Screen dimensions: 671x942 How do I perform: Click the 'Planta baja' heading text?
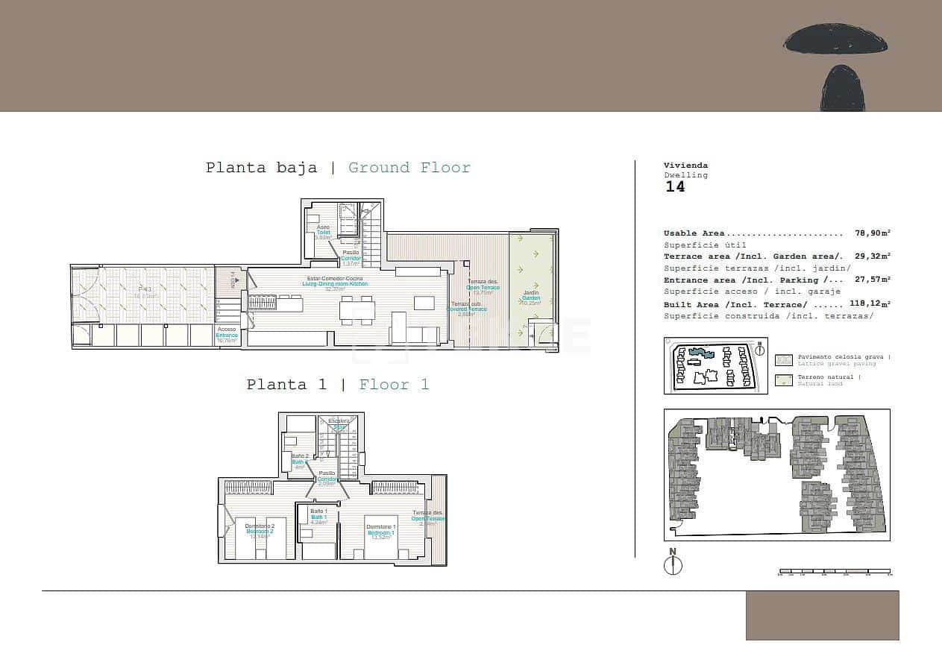[x=261, y=168]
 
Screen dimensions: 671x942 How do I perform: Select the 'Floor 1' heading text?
[x=394, y=385]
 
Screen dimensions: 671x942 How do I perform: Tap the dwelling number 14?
[x=675, y=187]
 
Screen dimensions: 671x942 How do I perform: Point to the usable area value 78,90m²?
[x=872, y=233]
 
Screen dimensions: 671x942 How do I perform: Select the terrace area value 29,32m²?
[x=872, y=256]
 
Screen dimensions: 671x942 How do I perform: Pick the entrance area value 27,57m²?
[x=872, y=280]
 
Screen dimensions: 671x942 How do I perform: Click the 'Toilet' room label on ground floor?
[x=323, y=233]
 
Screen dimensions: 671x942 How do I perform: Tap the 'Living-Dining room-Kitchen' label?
[x=335, y=284]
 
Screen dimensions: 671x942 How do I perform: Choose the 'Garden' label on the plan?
[x=531, y=298]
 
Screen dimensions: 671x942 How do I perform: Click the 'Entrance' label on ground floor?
[x=227, y=335]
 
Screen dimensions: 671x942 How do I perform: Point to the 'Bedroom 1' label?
[x=380, y=532]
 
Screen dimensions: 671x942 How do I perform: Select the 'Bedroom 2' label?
[x=260, y=532]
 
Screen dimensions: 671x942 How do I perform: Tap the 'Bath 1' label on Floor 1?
[x=318, y=517]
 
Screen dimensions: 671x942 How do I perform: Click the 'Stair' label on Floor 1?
[x=340, y=426]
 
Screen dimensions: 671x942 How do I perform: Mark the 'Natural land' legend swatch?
[x=784, y=380]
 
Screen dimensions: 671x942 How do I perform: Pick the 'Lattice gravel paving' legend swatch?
[x=784, y=360]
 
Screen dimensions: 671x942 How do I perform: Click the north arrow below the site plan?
[x=673, y=564]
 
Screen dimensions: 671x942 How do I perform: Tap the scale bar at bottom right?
[x=835, y=573]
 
